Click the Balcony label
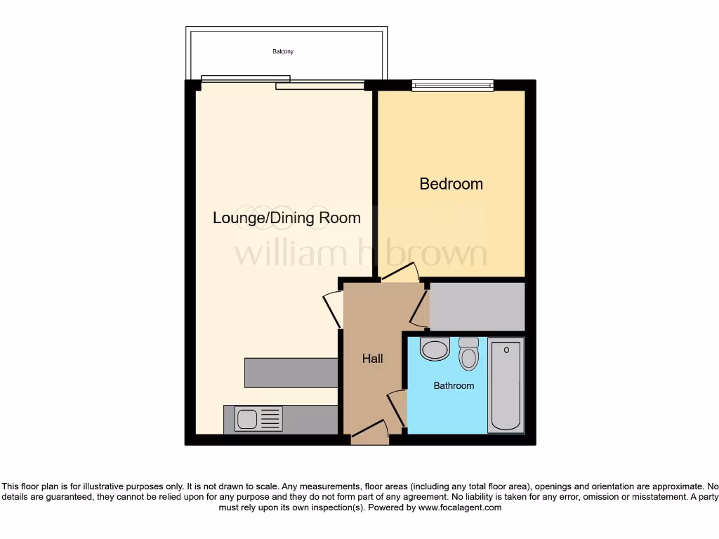tap(283, 52)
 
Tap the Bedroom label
tap(451, 184)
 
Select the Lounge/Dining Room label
tap(286, 218)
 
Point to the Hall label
tap(372, 359)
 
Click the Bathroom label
tap(454, 385)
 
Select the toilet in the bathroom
tap(468, 354)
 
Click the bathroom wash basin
tap(435, 349)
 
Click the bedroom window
tap(452, 86)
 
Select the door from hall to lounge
tap(332, 310)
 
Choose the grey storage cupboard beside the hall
tap(477, 307)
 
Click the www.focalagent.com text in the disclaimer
tap(459, 507)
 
